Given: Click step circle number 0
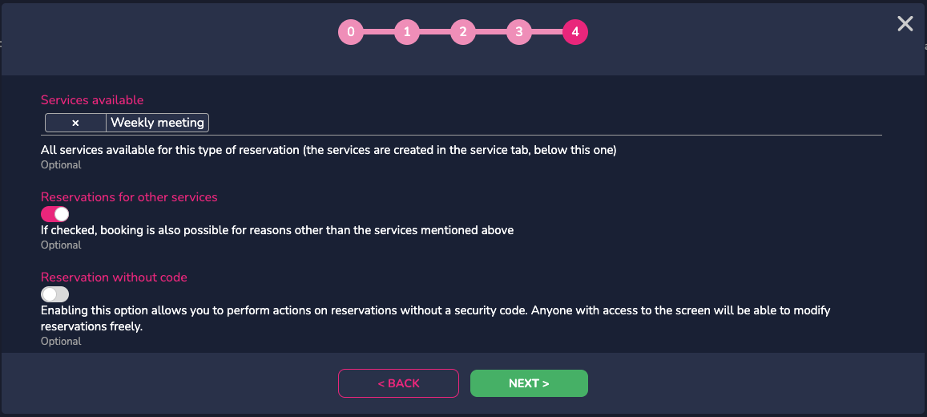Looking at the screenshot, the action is click(351, 32).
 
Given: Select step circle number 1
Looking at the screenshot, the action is click(407, 32).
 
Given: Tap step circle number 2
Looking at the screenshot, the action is click(463, 32).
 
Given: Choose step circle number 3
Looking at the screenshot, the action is click(519, 32).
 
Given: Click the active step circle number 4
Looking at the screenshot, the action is click(575, 32).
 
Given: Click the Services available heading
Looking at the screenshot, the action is click(92, 100).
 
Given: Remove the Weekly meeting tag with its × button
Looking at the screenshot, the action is click(75, 123).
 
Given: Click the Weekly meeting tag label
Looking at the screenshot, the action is click(157, 123).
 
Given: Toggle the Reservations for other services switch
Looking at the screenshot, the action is click(55, 213).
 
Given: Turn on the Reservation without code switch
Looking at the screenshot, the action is click(55, 294).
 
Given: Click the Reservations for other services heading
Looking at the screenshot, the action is click(129, 197).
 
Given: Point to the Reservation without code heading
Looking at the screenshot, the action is click(114, 277).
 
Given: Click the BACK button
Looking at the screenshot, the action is click(398, 383).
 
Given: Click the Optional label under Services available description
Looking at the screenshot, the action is click(61, 165).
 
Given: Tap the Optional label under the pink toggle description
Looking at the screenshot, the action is click(61, 245).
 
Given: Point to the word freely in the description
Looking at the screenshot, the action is click(124, 326).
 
